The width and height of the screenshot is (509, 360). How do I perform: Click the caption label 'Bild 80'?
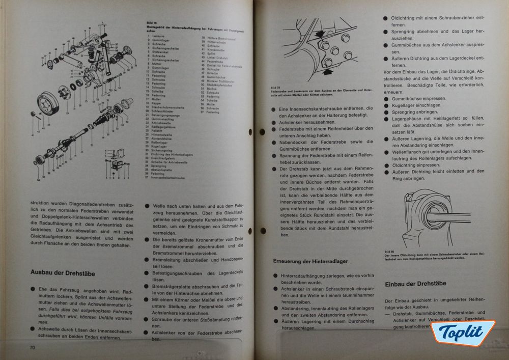(389, 252)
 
